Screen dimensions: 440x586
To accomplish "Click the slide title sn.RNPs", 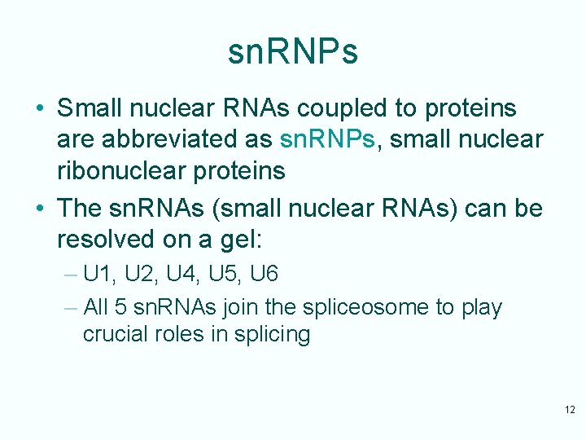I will (x=292, y=52).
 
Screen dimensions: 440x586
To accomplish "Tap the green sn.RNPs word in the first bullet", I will (x=327, y=139).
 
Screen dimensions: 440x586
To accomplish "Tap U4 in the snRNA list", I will (x=185, y=275).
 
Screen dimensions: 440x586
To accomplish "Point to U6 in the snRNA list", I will (x=265, y=275).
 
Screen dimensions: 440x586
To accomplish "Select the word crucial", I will (x=115, y=335).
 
